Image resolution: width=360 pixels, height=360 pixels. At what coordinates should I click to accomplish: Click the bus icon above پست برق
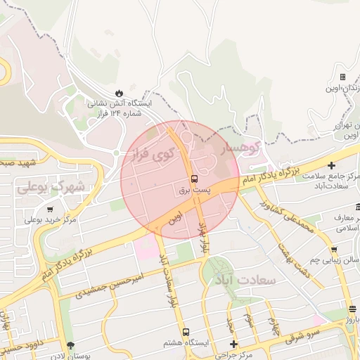click(x=194, y=178)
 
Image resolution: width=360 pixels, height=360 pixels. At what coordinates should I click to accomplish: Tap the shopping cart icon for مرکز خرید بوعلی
click(x=49, y=209)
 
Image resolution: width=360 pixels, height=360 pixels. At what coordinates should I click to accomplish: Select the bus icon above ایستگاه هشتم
click(x=186, y=331)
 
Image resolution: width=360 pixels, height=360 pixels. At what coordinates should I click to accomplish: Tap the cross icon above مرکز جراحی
click(x=234, y=344)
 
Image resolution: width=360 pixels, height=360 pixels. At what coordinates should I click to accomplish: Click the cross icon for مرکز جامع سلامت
click(x=332, y=165)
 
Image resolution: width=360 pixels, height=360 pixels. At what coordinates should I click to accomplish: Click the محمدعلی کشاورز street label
click(x=285, y=217)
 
